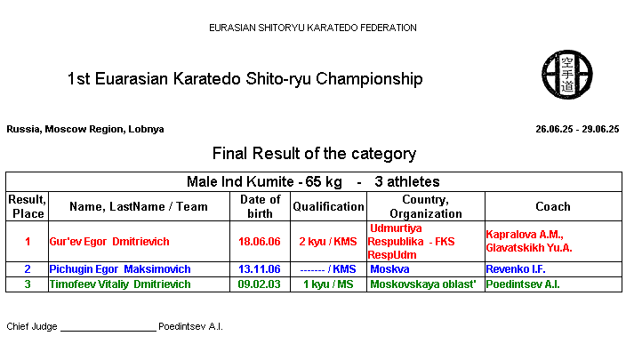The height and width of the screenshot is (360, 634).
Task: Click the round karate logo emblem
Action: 567,75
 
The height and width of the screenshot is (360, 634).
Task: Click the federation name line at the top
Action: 312,28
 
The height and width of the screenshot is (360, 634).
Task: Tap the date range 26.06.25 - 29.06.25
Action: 577,129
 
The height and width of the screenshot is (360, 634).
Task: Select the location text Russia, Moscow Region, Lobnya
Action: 85,129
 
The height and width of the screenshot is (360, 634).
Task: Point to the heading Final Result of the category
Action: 314,154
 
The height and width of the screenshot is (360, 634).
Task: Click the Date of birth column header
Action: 260,206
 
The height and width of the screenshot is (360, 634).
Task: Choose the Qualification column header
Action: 328,206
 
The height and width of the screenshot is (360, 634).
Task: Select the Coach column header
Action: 553,206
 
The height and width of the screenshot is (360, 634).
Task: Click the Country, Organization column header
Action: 425,206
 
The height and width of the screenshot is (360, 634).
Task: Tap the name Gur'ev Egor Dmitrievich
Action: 109,242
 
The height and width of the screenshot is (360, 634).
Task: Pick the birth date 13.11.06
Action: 259,269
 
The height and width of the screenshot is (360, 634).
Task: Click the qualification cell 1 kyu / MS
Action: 328,284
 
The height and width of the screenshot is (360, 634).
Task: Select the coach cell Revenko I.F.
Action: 516,269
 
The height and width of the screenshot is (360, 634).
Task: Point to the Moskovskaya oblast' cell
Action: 423,284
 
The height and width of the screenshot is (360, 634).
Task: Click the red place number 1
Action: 28,242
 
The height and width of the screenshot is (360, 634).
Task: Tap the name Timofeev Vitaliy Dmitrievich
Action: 120,284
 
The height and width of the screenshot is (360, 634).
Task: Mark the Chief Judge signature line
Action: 108,331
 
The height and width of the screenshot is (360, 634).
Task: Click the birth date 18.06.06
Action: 259,242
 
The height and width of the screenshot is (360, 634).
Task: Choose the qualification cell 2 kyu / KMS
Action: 328,242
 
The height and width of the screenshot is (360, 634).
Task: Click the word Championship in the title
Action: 369,79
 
